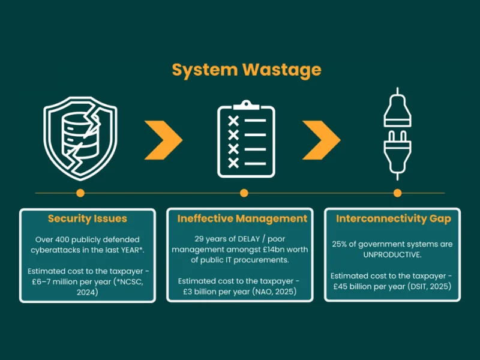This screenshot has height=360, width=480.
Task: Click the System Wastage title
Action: click(x=246, y=70)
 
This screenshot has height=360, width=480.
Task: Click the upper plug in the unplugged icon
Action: click(x=397, y=112)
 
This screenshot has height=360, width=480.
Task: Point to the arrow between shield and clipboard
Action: click(x=164, y=139)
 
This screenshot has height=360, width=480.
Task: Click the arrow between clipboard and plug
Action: click(x=322, y=139)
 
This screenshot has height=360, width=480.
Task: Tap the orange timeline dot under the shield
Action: click(x=80, y=193)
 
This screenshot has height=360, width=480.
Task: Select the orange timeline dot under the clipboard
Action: click(x=244, y=193)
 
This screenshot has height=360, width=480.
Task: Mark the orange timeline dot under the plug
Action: click(x=397, y=193)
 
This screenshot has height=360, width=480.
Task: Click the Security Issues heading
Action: click(x=88, y=218)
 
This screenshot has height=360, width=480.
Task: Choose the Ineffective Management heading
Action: click(x=242, y=218)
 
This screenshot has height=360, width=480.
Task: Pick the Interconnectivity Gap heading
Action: click(x=393, y=218)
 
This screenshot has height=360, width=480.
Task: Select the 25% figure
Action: click(x=340, y=245)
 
